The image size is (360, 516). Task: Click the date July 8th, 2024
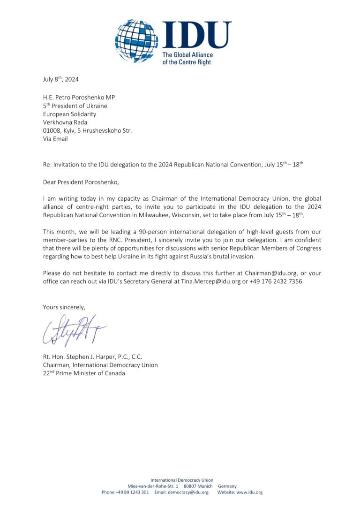(61, 79)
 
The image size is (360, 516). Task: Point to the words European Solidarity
(69, 114)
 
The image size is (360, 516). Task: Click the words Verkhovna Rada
(65, 122)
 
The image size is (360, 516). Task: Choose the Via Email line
(55, 139)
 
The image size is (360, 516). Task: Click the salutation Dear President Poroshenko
(78, 181)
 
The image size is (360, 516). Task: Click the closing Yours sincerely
(64, 307)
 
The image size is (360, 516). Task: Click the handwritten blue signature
(75, 330)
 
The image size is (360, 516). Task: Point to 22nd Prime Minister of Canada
(84, 373)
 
